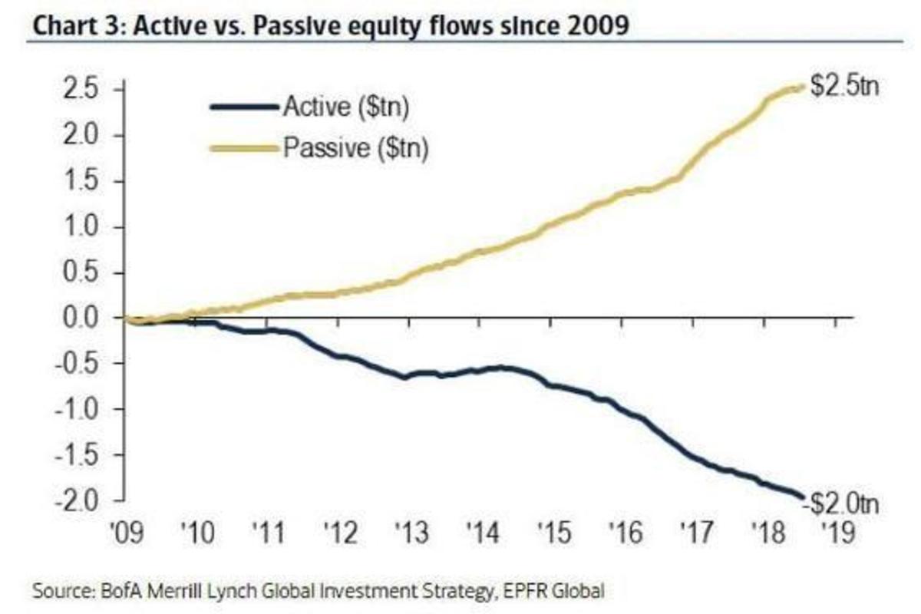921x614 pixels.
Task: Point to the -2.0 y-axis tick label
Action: click(x=74, y=500)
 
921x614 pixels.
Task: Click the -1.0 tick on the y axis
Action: click(x=74, y=409)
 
